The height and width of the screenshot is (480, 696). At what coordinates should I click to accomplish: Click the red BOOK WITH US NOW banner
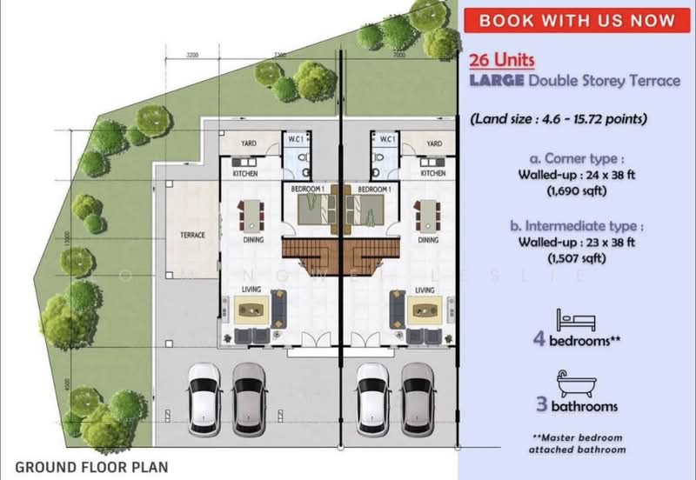577,20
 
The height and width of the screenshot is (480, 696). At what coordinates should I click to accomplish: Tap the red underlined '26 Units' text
501,61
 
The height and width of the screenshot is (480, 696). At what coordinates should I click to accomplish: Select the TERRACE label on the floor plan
192,235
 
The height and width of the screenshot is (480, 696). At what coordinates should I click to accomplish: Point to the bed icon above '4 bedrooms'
575,318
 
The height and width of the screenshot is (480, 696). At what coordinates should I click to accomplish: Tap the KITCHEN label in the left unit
244,173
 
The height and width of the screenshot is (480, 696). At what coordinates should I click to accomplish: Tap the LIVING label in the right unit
425,290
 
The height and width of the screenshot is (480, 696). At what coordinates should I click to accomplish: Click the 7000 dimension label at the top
398,55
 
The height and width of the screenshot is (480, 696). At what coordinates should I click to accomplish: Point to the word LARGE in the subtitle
496,81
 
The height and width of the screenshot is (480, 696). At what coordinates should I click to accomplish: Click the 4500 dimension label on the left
68,359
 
